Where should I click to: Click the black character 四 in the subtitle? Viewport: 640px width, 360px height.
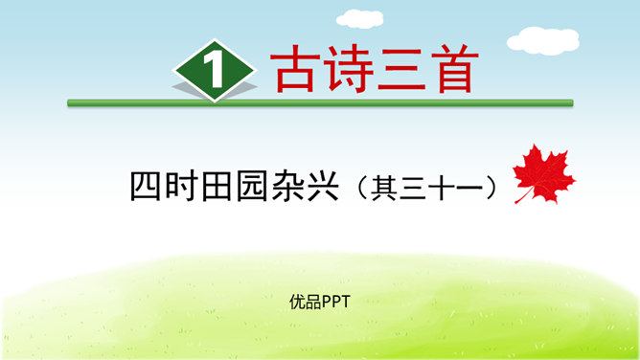(x=146, y=185)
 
